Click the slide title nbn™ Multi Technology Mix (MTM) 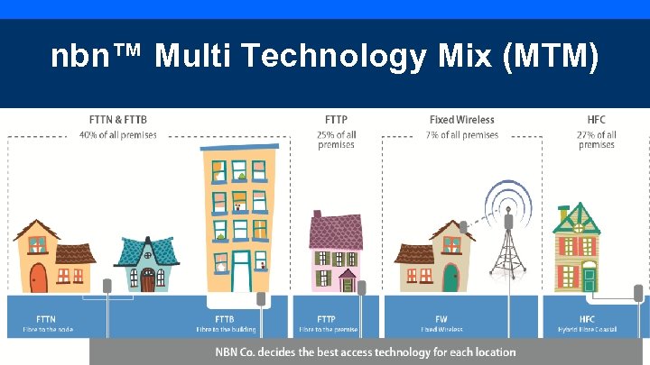(325, 58)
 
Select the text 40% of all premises (117, 135)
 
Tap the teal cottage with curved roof (148, 263)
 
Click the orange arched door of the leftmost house (38, 277)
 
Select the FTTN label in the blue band (45, 319)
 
